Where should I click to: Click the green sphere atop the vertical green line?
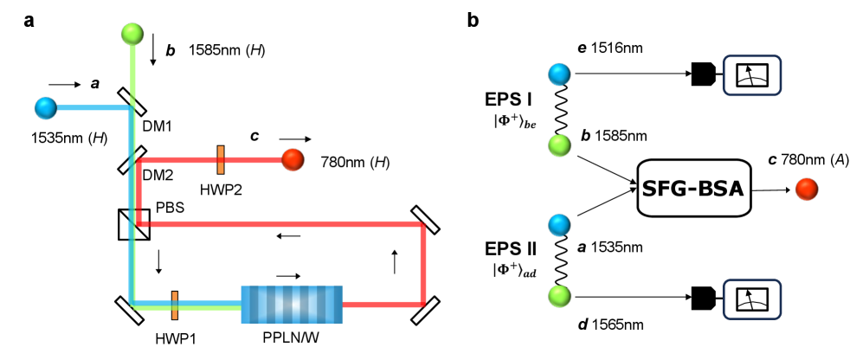click(x=132, y=34)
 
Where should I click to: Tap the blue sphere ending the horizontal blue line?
click(x=46, y=108)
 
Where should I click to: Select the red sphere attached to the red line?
click(x=293, y=159)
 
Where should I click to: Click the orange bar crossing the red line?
click(x=221, y=159)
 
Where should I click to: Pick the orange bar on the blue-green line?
click(x=175, y=305)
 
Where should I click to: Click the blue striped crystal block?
click(x=292, y=305)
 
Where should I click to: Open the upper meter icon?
click(x=751, y=75)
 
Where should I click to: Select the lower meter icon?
click(x=751, y=299)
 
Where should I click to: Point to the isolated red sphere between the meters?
click(x=806, y=189)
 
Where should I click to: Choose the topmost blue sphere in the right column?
click(x=559, y=74)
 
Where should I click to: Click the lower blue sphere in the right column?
click(x=559, y=225)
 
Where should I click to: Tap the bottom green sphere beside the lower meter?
click(x=559, y=296)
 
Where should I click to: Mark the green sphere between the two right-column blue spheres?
click(x=559, y=145)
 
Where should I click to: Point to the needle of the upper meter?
click(x=750, y=73)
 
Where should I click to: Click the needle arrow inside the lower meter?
click(x=750, y=297)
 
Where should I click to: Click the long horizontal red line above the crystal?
click(x=286, y=224)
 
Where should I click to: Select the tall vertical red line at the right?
click(x=423, y=264)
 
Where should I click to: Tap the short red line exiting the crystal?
click(x=381, y=305)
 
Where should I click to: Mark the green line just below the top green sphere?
click(x=132, y=69)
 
